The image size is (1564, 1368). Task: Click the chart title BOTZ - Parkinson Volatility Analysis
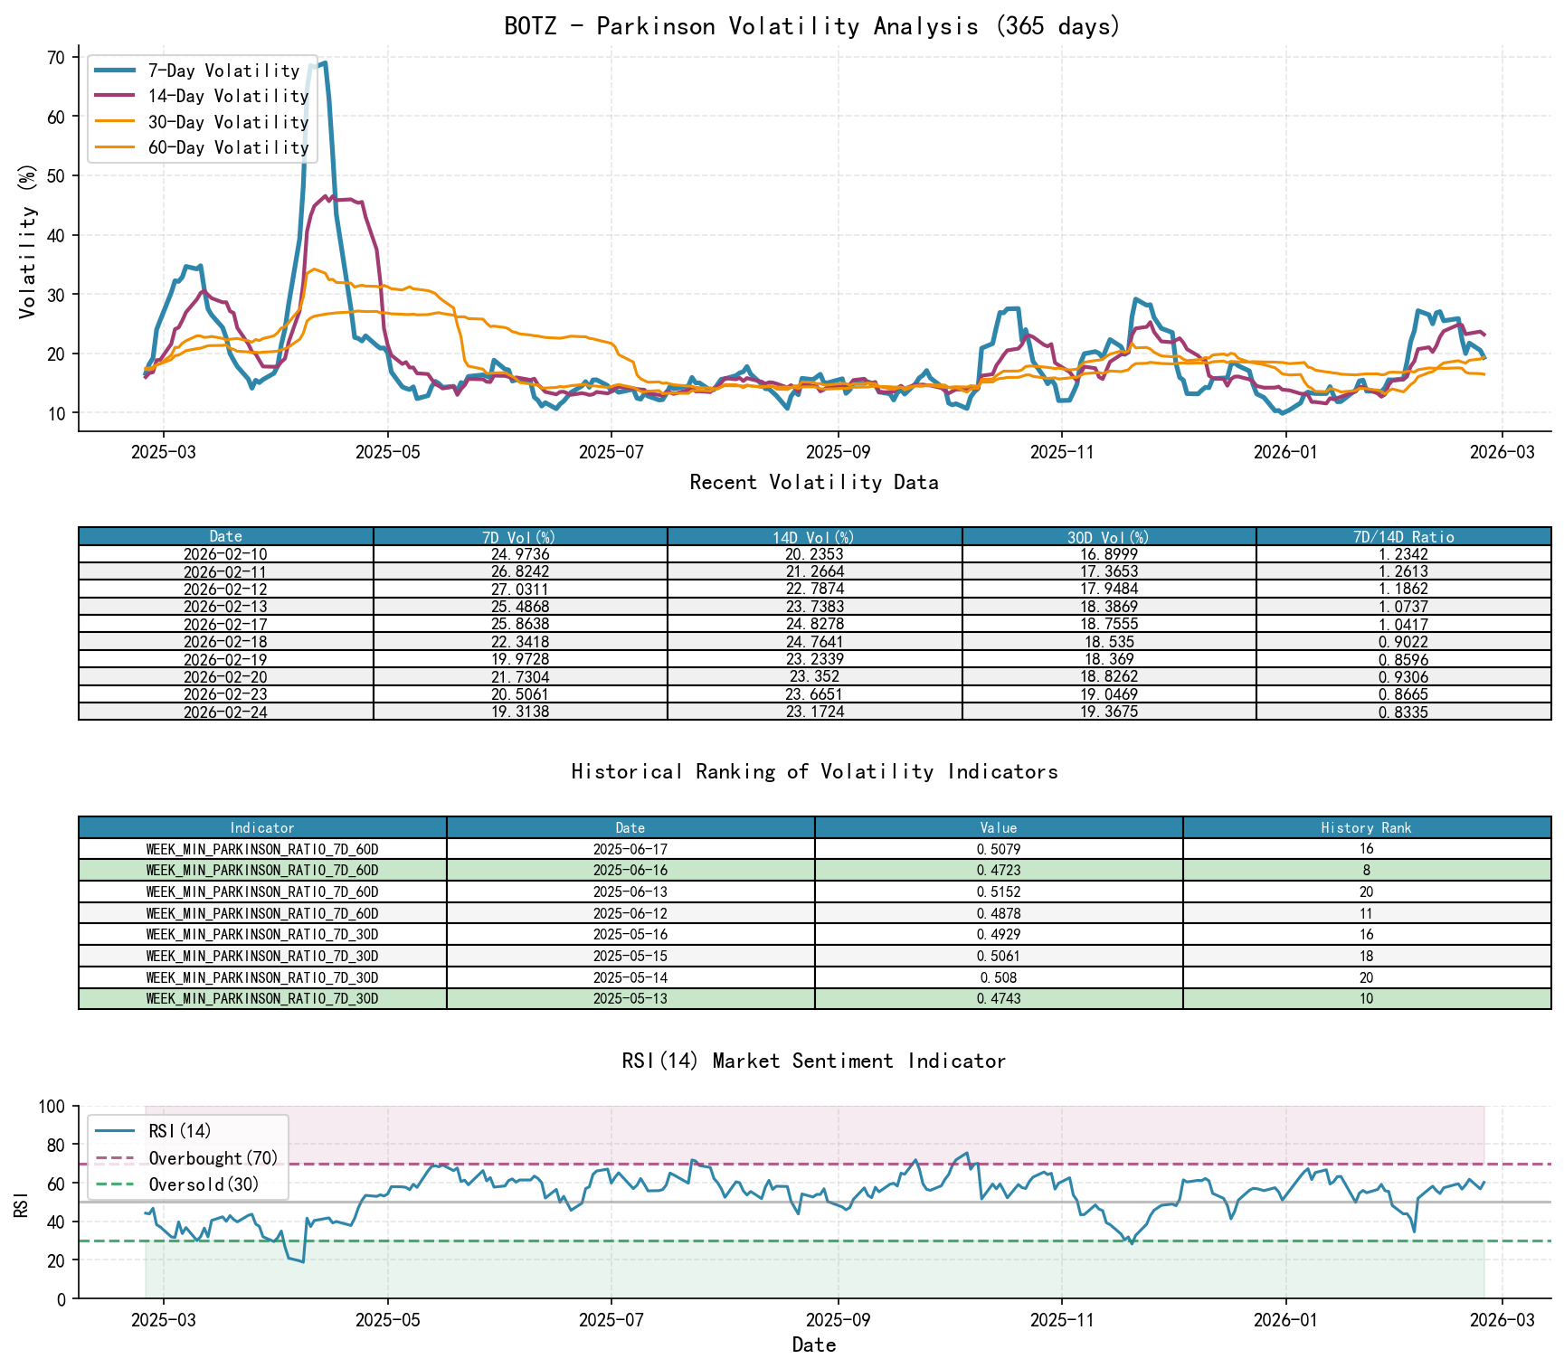click(812, 26)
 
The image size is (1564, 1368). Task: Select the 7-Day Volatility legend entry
click(223, 71)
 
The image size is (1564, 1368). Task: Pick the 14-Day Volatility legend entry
click(228, 96)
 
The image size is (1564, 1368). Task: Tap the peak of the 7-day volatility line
click(325, 63)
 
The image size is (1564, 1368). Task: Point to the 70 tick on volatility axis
click(55, 58)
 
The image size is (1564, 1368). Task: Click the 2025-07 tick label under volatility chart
click(611, 452)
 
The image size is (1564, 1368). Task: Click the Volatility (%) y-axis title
click(27, 241)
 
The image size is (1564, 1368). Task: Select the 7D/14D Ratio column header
click(1403, 537)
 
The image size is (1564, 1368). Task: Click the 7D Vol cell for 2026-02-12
click(520, 590)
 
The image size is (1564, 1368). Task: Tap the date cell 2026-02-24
click(225, 712)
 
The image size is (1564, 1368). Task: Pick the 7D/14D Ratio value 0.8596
click(1403, 660)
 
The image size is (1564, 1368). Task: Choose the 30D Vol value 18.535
click(1109, 642)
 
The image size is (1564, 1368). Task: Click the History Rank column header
click(1366, 828)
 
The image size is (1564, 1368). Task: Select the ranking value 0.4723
click(999, 871)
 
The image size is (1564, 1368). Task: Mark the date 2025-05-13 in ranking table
click(630, 999)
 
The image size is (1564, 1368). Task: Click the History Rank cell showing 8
click(1366, 871)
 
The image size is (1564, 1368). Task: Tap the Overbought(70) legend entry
click(213, 1158)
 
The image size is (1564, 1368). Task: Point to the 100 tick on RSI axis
click(51, 1107)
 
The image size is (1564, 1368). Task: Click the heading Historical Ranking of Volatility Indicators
click(814, 772)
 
